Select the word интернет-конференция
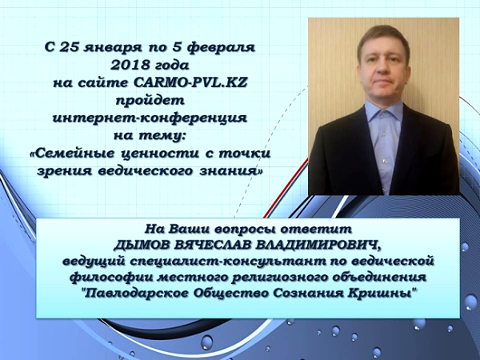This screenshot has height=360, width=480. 150,118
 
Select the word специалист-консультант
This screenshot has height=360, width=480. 217,263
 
